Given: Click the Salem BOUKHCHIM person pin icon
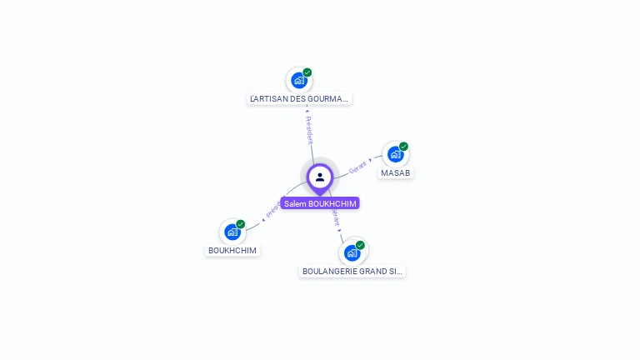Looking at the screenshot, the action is (320, 177).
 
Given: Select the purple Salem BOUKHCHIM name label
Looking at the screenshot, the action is (320, 203).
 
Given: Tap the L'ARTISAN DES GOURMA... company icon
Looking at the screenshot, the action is (298, 81).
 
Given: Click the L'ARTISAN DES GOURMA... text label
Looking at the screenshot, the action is (300, 98).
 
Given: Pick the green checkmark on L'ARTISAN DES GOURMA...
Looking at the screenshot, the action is (307, 72).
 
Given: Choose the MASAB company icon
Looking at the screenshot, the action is (396, 154).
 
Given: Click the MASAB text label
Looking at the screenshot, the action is (395, 172).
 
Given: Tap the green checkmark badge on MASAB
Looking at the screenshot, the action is (404, 147).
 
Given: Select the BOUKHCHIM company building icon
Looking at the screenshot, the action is (232, 232).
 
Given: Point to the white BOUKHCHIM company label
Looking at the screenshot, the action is (232, 250).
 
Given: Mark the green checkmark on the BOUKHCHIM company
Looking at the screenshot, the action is (241, 224).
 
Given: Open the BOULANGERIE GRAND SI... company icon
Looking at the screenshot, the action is (352, 252).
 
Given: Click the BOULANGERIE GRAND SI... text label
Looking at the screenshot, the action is (352, 271).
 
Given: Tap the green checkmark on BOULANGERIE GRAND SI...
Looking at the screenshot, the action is (361, 245).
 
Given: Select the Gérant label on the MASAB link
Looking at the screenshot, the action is (358, 165).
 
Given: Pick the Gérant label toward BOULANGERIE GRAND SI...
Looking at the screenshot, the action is (335, 218).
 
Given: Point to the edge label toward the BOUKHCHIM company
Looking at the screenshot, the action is (272, 210).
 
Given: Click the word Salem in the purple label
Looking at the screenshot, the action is (295, 203).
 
